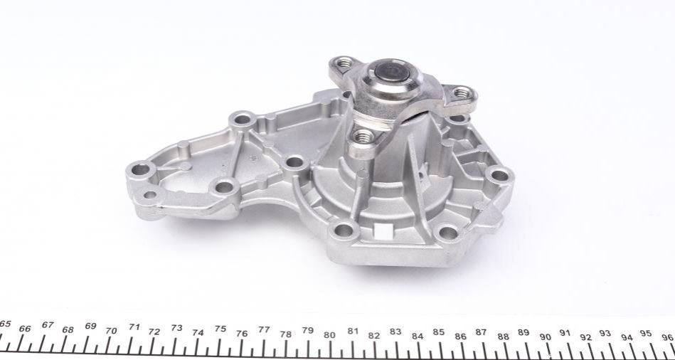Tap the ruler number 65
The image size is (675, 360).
pos(5,324)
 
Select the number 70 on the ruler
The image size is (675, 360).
pos(111,331)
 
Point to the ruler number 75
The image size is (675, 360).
pos(220,329)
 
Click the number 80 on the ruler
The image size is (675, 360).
pos(329,334)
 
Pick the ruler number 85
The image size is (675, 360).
pos(439,332)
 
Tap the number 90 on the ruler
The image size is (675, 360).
pos(546,337)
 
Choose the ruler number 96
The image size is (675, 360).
pos(668,337)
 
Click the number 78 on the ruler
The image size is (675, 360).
pos(285,334)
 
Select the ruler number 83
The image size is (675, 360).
pos(395,332)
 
